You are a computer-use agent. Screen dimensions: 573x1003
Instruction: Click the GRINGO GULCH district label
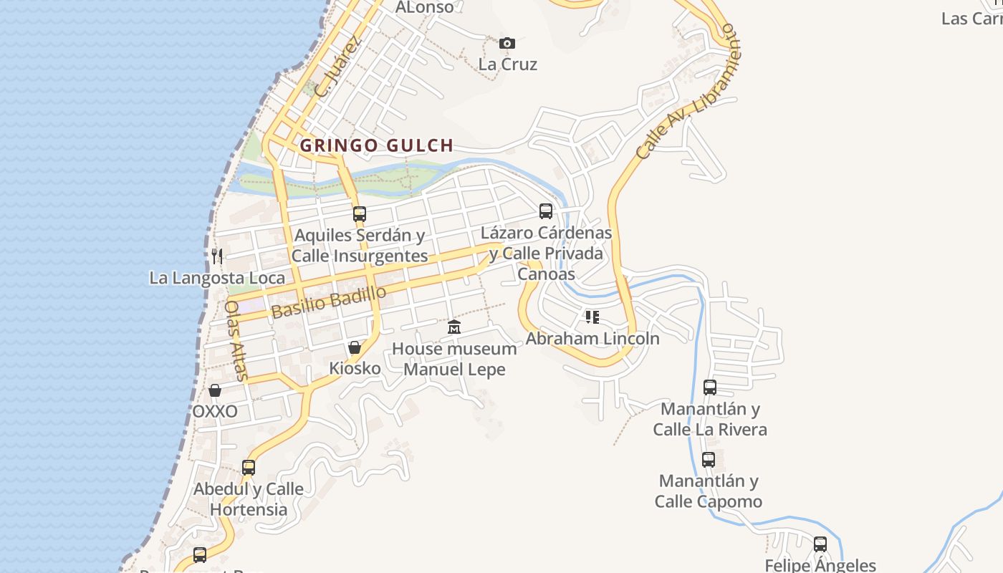[x=376, y=145]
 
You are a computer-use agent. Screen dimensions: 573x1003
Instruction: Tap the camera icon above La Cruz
[x=507, y=44]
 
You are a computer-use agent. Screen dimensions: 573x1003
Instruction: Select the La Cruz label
[x=507, y=64]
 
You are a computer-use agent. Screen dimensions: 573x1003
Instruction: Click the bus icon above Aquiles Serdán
[x=360, y=213]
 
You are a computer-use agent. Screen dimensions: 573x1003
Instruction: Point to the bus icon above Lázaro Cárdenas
[x=546, y=211]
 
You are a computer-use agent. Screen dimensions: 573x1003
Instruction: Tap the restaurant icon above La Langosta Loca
[x=217, y=256]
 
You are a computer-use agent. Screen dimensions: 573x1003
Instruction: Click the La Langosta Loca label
[x=217, y=278]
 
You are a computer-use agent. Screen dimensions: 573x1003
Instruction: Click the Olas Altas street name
[x=236, y=340]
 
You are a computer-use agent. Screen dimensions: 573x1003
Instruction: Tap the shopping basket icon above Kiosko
[x=355, y=347]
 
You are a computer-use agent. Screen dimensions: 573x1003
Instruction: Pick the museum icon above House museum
[x=454, y=327]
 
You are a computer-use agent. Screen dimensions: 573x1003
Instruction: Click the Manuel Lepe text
[x=454, y=370]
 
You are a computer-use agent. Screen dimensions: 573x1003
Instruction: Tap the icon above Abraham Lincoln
[x=592, y=317]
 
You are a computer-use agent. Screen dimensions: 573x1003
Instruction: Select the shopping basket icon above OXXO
[x=214, y=390]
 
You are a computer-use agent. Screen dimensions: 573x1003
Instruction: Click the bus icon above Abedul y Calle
[x=249, y=468]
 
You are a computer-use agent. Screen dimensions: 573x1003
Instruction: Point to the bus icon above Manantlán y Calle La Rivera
[x=710, y=387]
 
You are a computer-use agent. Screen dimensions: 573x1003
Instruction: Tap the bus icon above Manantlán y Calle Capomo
[x=709, y=460]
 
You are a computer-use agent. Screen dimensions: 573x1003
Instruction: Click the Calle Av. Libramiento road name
[x=686, y=91]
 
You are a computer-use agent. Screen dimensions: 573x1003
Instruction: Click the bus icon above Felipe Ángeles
[x=820, y=544]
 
